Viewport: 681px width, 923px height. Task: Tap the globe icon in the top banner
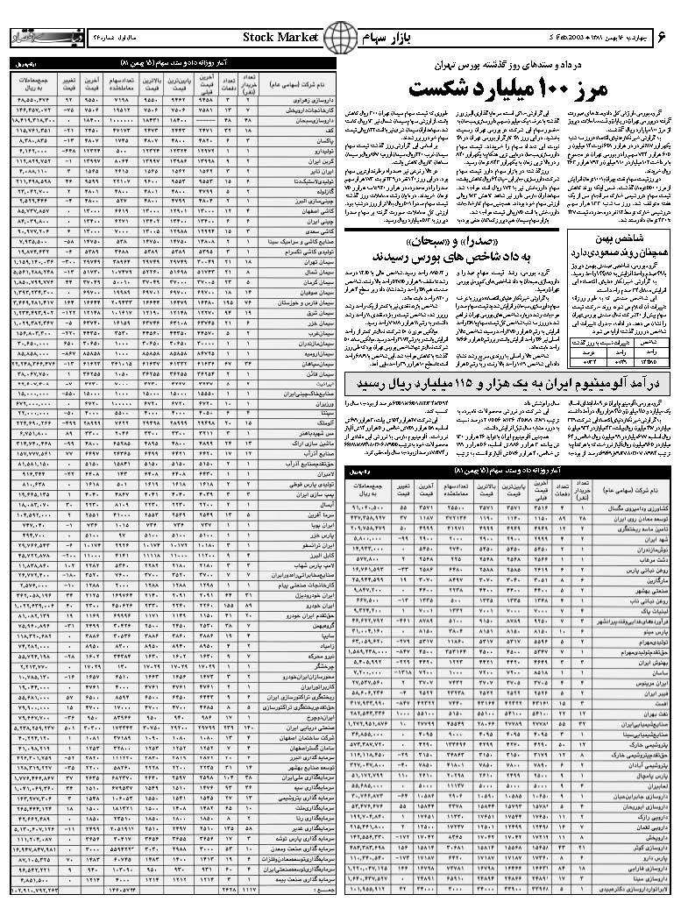pyautogui.click(x=339, y=38)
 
